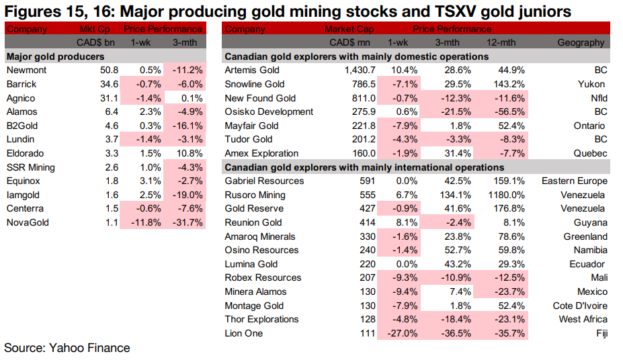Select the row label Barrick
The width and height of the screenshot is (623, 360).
click(22, 84)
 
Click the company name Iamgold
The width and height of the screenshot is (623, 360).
click(23, 195)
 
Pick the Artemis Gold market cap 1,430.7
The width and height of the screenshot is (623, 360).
click(348, 71)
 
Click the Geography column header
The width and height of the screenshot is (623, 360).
click(581, 43)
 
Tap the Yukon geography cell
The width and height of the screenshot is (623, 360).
click(591, 85)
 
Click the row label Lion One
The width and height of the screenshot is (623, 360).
click(244, 333)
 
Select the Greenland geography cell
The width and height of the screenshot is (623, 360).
click(585, 236)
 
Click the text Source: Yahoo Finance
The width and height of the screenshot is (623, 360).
click(67, 348)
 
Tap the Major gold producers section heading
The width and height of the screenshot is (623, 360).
click(55, 56)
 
